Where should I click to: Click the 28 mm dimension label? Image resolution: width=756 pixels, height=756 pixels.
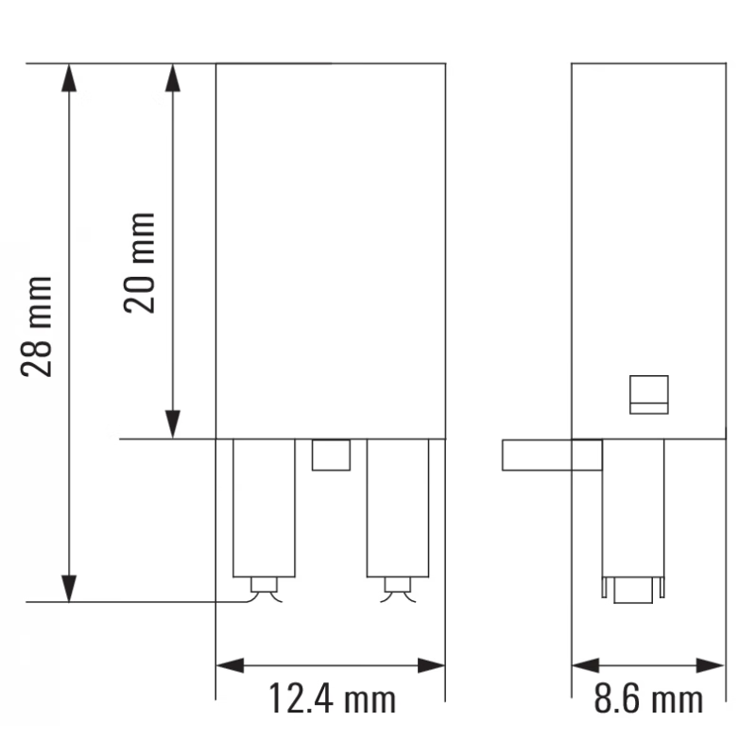[39, 327]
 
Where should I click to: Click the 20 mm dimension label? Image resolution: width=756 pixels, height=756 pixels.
[141, 264]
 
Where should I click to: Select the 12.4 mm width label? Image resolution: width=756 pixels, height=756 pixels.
[331, 700]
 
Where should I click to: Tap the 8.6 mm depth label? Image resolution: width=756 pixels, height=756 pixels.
[648, 700]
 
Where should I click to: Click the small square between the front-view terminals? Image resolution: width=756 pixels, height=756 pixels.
[332, 455]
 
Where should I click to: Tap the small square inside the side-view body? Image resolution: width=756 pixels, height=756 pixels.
[649, 394]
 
